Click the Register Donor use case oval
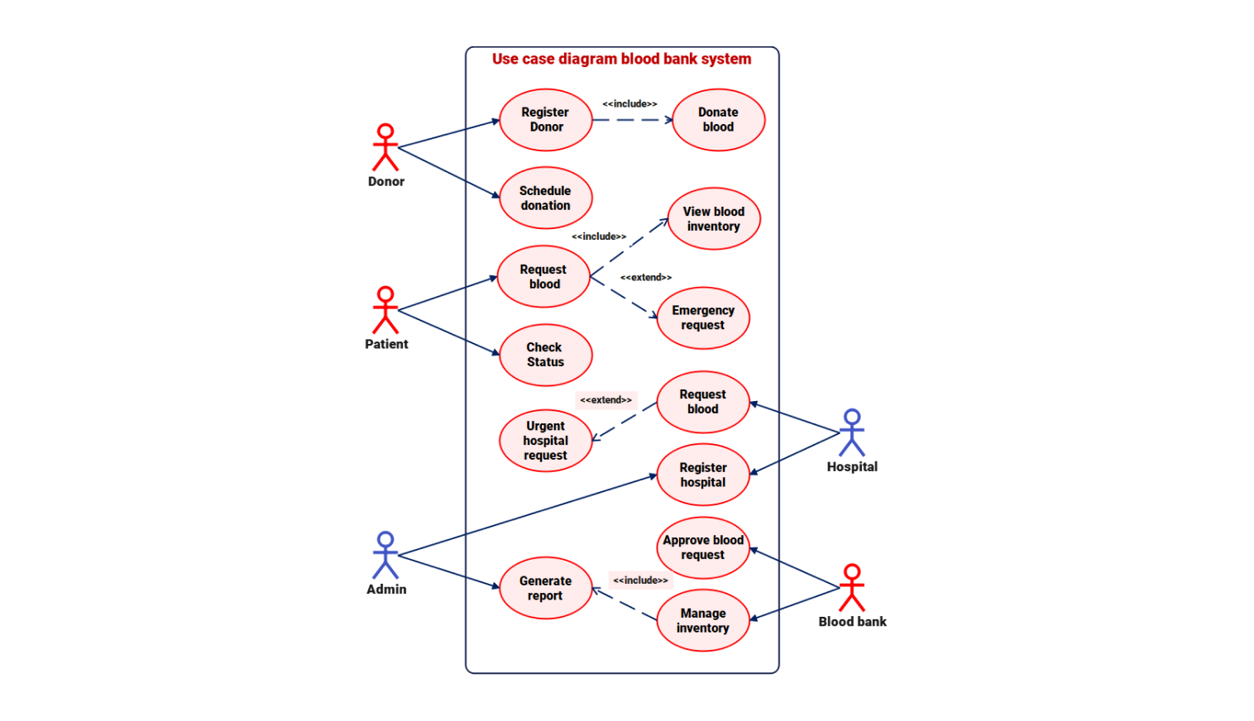coord(546,120)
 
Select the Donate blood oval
coord(718,120)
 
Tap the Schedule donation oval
coord(546,198)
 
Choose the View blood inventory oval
coord(714,219)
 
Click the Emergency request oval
coord(703,318)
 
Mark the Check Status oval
coord(546,355)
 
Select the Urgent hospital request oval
coord(546,441)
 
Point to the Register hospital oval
coord(703,475)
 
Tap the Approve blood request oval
coord(703,547)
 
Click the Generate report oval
coord(546,588)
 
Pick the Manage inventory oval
coord(703,620)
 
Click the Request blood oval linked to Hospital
coord(703,402)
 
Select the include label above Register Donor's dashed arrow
coord(629,104)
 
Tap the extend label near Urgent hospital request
coord(605,400)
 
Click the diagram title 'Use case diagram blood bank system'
coord(622,60)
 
